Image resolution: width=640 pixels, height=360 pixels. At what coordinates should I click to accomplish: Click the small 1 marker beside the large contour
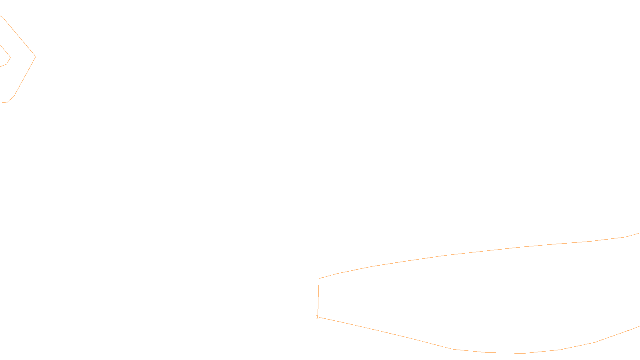click(317, 317)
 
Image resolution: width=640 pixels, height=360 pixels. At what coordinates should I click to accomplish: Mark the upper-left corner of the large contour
click(319, 278)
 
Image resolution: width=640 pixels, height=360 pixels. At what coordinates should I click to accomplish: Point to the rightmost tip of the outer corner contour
click(36, 56)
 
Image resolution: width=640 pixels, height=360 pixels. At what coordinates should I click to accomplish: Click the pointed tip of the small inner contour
click(10, 58)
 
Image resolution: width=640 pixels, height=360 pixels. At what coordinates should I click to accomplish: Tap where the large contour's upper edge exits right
click(639, 233)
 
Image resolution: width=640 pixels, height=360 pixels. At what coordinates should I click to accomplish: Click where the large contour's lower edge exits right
click(639, 327)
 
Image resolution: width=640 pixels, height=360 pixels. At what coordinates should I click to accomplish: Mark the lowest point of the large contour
click(520, 353)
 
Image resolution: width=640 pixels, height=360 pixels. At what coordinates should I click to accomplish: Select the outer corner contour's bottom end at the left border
click(1, 103)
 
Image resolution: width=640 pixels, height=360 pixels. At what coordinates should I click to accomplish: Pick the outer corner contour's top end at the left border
click(1, 16)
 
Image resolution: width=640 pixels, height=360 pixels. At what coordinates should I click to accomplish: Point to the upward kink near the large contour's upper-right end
click(626, 237)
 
